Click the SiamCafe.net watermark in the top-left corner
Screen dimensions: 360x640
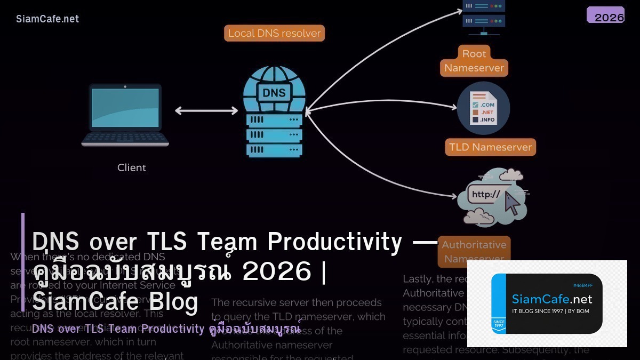coord(47,19)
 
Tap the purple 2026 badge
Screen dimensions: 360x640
coord(605,15)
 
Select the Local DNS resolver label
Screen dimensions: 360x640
coord(274,33)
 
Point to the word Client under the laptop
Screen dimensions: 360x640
coord(132,167)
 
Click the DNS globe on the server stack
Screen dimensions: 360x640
coord(274,91)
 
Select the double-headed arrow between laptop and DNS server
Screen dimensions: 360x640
coord(206,111)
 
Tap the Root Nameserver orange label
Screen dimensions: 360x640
coord(474,61)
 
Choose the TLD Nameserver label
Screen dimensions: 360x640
coord(490,147)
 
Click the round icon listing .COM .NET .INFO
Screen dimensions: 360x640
coord(484,108)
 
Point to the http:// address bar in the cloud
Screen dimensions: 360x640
coord(485,195)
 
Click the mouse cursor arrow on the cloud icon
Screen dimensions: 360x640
coord(511,204)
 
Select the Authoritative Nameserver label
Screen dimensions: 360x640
coord(474,251)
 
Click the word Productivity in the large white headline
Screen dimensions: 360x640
coord(334,241)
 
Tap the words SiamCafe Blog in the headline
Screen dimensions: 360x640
coord(115,301)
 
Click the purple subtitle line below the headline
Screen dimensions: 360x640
coord(166,329)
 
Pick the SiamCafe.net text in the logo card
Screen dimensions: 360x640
coord(551,299)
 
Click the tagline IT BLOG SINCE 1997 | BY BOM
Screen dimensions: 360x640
coord(550,311)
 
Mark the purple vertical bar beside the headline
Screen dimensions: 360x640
coord(23,261)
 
